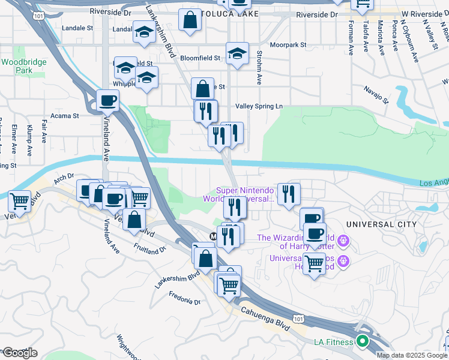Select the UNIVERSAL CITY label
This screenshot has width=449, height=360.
click(x=381, y=224)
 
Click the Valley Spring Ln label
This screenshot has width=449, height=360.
click(x=258, y=106)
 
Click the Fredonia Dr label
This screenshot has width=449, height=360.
click(x=184, y=298)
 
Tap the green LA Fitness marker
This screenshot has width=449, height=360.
click(x=362, y=343)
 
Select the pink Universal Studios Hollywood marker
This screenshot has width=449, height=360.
click(x=343, y=261)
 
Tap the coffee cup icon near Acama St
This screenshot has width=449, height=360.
click(x=108, y=100)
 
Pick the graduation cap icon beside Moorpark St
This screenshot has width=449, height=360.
click(x=238, y=53)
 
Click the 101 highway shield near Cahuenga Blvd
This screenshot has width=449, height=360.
click(x=298, y=316)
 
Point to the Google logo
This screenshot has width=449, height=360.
click(x=19, y=353)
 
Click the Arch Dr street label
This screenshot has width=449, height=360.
click(x=63, y=176)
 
